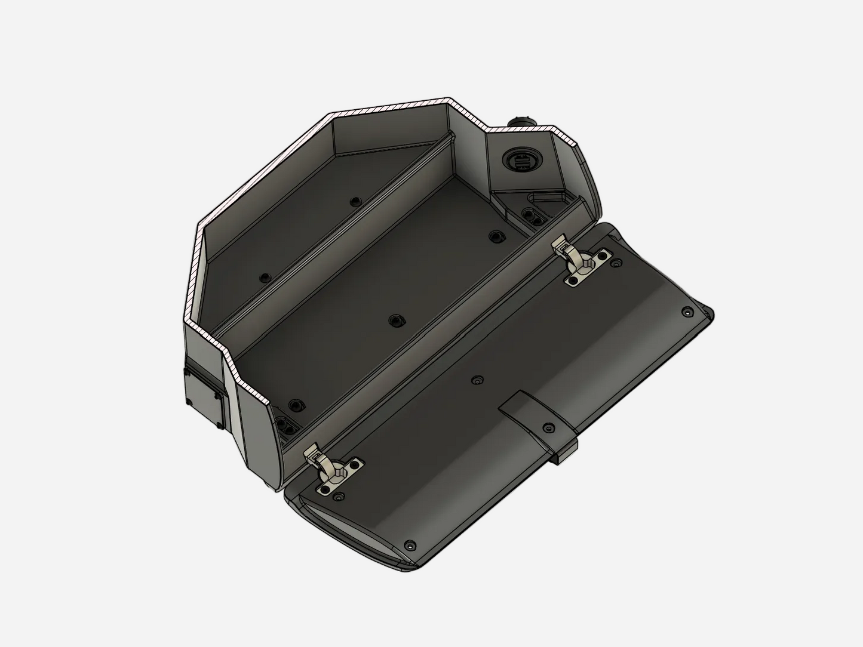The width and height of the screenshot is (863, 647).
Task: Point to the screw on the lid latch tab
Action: (x=548, y=428)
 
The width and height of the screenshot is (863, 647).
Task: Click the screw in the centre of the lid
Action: (x=476, y=380)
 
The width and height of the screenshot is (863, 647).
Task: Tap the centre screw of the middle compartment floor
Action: (x=394, y=321)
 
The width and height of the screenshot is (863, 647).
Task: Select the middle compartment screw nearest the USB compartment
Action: (x=494, y=236)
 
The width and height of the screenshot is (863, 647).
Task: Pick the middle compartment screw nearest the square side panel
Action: (x=294, y=405)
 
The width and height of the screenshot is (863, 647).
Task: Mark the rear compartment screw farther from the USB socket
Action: (x=265, y=278)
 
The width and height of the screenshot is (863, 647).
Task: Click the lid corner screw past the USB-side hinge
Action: (x=688, y=312)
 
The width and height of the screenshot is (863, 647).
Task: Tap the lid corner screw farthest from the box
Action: (x=410, y=546)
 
